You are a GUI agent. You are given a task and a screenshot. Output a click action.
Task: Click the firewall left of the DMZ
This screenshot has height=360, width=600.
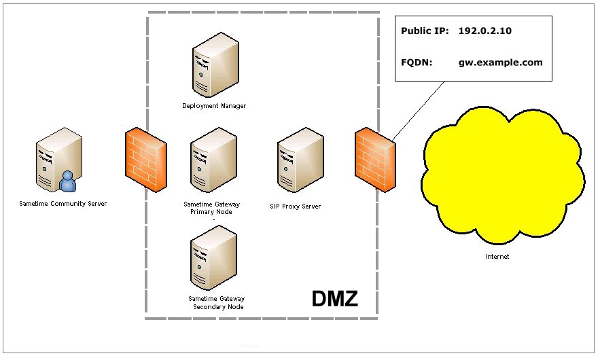point(145,156)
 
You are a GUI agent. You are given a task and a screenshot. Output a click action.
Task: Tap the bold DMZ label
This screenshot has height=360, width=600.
point(334,298)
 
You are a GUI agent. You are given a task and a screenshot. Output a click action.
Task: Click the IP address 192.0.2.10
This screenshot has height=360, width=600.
point(486,31)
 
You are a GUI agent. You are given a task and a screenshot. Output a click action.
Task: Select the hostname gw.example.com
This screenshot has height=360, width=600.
point(500,62)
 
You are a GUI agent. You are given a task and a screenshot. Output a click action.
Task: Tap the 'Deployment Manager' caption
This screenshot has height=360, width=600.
point(214,106)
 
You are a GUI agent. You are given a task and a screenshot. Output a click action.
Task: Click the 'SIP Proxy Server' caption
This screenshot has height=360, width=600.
point(296,206)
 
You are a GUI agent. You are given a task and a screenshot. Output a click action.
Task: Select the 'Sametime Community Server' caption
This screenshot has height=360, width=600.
point(63,203)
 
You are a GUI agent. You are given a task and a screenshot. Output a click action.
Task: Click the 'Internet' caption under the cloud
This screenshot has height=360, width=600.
point(497,257)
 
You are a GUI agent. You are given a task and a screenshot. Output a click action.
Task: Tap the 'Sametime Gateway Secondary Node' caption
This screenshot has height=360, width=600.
point(217,302)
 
